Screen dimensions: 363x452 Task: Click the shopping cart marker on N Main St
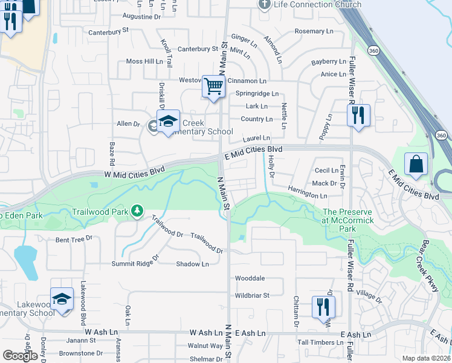tap(213, 87)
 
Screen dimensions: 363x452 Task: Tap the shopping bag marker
tap(416, 163)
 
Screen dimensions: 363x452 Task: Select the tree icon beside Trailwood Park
tap(138, 210)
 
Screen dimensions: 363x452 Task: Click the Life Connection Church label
tap(318, 5)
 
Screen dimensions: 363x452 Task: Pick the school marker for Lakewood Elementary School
tap(62, 299)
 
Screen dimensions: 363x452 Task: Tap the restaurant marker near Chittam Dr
tap(324, 307)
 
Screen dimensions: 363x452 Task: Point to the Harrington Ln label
tap(307, 195)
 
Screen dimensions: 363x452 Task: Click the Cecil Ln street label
tap(326, 171)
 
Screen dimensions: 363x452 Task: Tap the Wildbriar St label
tap(251, 295)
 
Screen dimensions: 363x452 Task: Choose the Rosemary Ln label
tap(314, 31)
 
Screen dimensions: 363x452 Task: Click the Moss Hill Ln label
tap(144, 62)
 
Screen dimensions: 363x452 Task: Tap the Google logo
tap(20, 356)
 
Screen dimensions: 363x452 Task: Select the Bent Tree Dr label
tap(74, 240)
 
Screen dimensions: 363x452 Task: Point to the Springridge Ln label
tap(257, 94)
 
